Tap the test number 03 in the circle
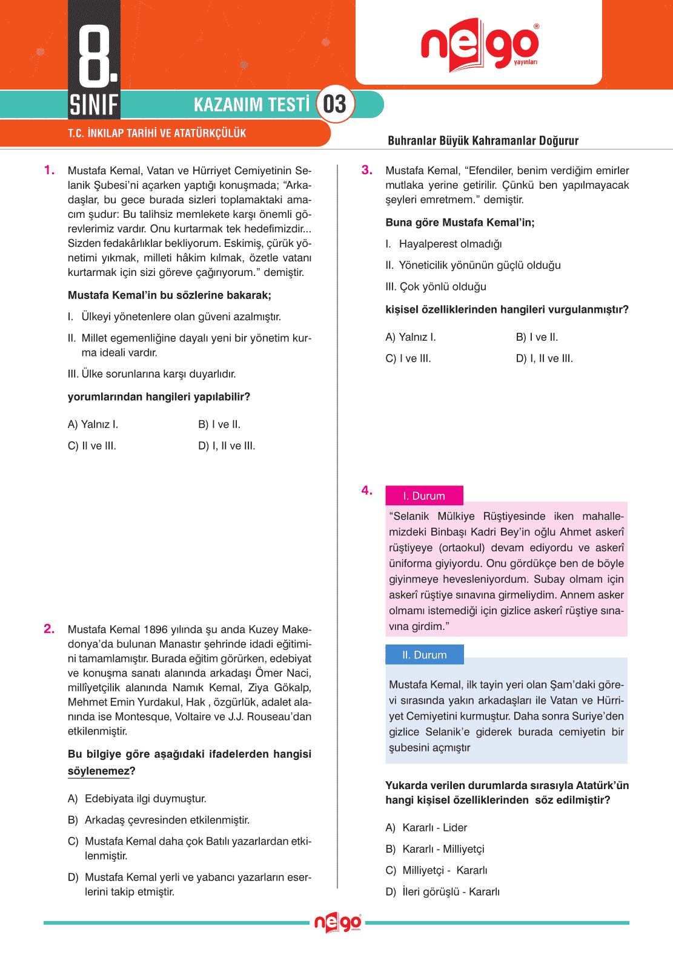pos(334,104)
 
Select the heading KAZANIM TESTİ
pos(251,105)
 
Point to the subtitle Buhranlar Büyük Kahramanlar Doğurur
pos(483,141)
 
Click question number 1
pos(49,170)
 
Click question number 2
pos(49,629)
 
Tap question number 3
pos(366,170)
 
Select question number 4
pos(366,490)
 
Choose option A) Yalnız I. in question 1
pos(93,424)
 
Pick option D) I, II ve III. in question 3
pos(544,358)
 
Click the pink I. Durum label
pos(424,496)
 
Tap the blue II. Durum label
pos(424,655)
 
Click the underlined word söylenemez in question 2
pos(98,771)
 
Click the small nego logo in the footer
pos(337,923)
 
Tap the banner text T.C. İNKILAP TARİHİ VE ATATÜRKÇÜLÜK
pos(157,133)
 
